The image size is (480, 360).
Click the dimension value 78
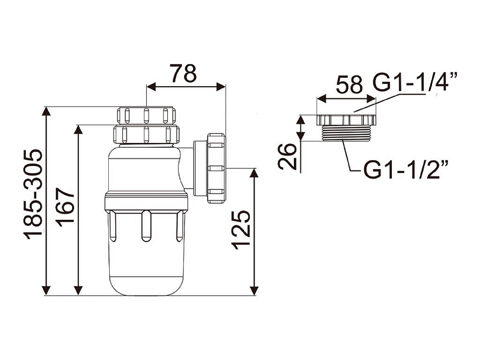pyautogui.click(x=183, y=73)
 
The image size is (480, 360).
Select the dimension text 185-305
pyautogui.click(x=33, y=194)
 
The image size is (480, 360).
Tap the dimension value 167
pyautogui.click(x=66, y=207)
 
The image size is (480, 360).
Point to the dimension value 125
pyautogui.click(x=240, y=230)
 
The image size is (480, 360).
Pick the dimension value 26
pyautogui.click(x=287, y=157)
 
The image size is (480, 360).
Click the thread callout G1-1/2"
pyautogui.click(x=406, y=169)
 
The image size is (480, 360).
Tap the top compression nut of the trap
pyautogui.click(x=146, y=115)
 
